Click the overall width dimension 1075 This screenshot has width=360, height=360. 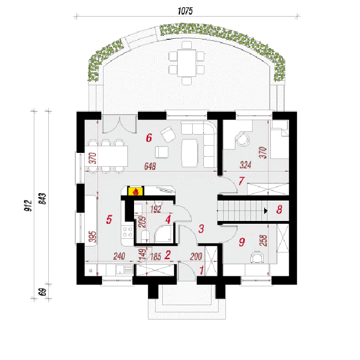(185, 11)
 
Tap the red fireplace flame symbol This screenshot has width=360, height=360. (136, 192)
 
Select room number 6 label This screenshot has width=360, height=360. (149, 138)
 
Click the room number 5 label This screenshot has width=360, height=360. (109, 219)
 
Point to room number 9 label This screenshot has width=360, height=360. (242, 242)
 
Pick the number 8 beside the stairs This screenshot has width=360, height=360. (279, 209)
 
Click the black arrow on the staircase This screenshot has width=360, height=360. (266, 211)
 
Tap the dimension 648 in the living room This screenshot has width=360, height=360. (150, 166)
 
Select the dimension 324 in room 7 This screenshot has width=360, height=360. (245, 165)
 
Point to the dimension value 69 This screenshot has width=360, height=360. (43, 292)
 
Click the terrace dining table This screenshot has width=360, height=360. (187, 63)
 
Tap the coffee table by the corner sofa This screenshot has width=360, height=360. (189, 153)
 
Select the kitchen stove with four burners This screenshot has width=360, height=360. (127, 232)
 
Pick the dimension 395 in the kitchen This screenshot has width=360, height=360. (92, 237)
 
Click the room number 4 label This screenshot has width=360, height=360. (168, 219)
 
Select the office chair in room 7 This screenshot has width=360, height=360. (243, 138)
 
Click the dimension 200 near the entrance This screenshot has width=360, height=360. (196, 256)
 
